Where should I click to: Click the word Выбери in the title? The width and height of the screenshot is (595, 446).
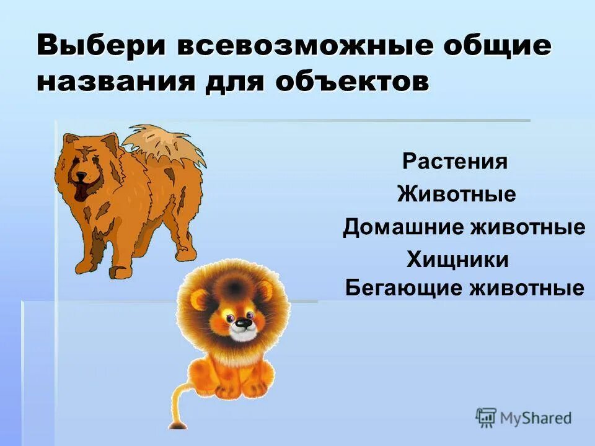pos(99,47)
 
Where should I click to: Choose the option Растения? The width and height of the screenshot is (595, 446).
pos(456,162)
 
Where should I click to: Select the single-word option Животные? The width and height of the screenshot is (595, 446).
pos(457,195)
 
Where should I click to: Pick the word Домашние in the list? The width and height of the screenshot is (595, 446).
pos(403,227)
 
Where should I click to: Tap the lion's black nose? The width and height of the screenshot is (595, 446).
pos(244,323)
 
